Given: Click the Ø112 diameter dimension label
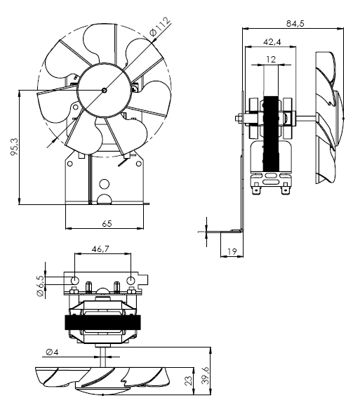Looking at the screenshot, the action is tap(160, 27).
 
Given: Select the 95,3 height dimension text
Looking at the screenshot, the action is tap(14, 147).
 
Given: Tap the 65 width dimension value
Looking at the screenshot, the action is tap(107, 224).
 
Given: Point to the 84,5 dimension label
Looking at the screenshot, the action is tap(295, 24).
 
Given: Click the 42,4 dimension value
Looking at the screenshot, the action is tap(272, 42).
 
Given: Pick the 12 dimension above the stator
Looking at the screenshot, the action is tap(271, 59).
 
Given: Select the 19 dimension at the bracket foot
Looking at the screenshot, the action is tap(232, 251).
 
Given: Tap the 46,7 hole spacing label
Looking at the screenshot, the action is tap(100, 249).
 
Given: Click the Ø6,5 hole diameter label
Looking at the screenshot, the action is tap(41, 286).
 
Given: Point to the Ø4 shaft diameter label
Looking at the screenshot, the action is tap(52, 352).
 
